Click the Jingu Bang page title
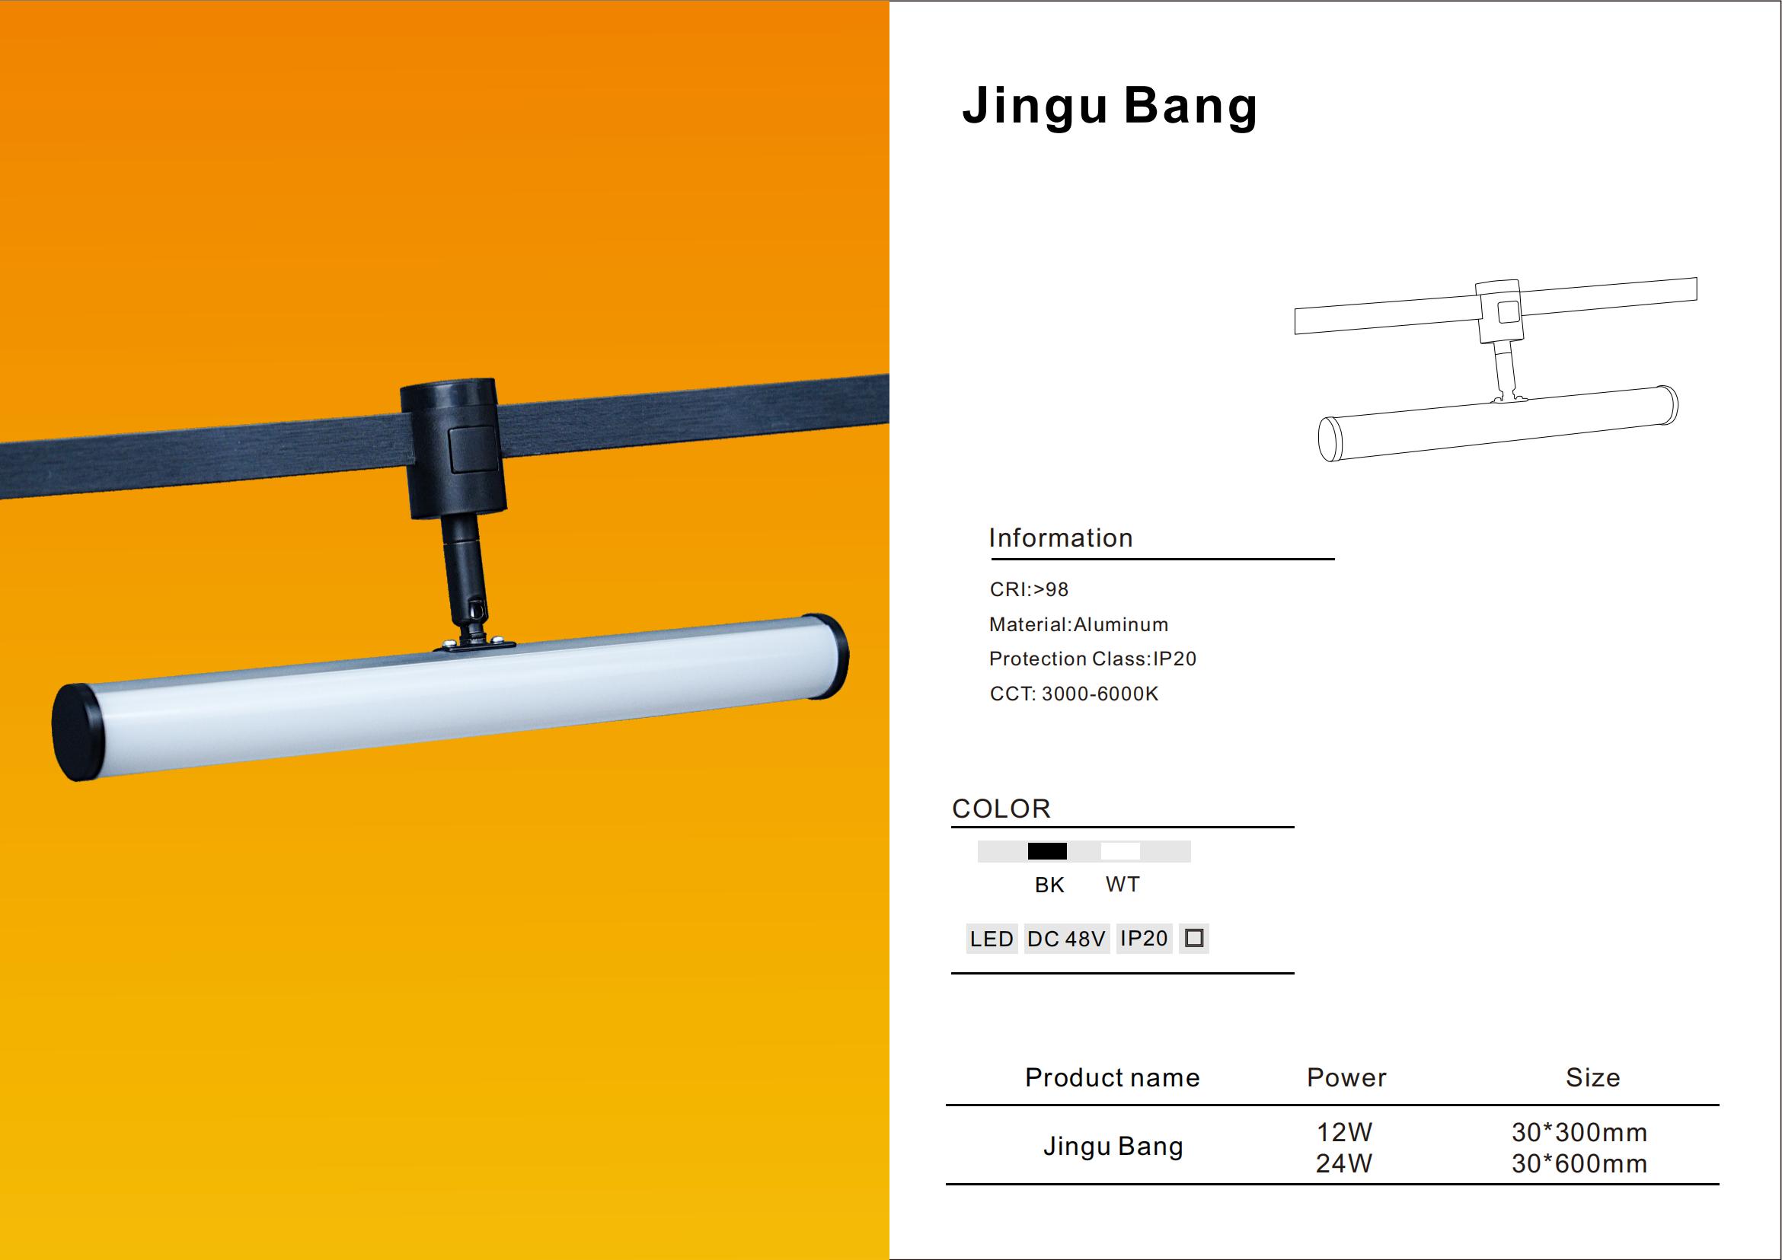point(1109,107)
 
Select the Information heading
point(1060,537)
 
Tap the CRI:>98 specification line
point(1029,590)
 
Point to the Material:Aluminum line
point(1078,624)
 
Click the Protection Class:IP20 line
point(1093,659)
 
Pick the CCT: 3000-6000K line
point(1075,694)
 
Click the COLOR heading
point(1001,809)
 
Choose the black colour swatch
point(1047,851)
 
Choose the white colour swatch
point(1121,851)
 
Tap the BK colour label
point(1049,885)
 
